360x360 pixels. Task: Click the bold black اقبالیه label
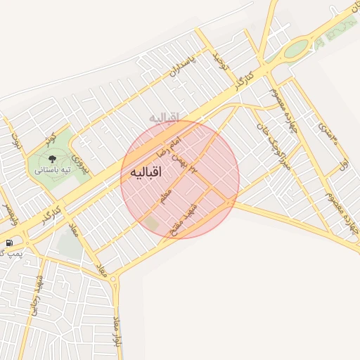tap(146, 172)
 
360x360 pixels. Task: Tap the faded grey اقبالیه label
tap(163, 116)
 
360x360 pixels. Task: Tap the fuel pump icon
tap(8, 243)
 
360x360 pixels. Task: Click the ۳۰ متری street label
tap(328, 133)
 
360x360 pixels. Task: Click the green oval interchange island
tap(296, 48)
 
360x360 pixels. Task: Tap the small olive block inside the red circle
tap(151, 224)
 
